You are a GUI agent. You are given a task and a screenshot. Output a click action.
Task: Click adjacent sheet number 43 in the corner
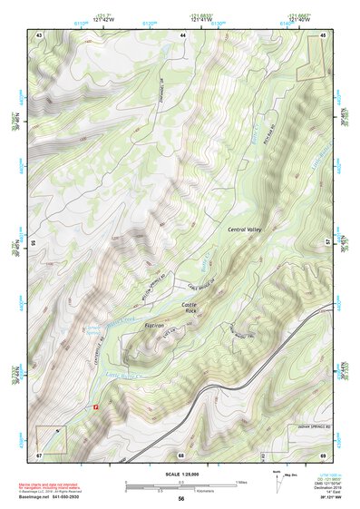(39, 34)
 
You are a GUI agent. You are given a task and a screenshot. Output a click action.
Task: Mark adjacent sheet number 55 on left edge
(34, 242)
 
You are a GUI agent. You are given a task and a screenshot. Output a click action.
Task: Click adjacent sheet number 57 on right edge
(327, 242)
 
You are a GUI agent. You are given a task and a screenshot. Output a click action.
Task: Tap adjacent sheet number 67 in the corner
(39, 453)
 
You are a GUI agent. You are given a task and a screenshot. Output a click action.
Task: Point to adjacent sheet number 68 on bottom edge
(181, 453)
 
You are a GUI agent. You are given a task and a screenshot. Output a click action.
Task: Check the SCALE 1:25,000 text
(180, 472)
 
